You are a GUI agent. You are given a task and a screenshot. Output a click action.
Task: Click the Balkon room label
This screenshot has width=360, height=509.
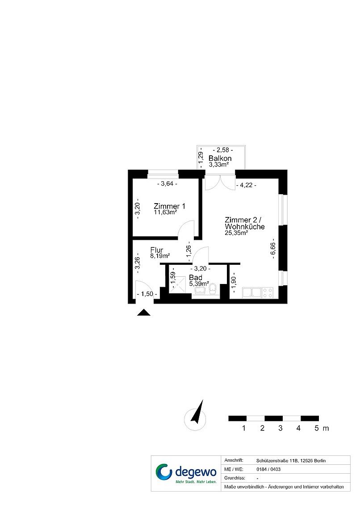[220, 159]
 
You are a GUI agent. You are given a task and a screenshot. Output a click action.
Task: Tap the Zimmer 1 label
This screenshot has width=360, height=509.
[169, 206]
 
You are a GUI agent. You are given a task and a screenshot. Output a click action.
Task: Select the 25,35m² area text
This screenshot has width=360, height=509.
[236, 233]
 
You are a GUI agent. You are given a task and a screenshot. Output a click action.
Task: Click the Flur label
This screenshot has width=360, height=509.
[156, 250]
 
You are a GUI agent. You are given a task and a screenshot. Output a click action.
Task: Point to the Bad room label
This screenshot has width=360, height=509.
[196, 278]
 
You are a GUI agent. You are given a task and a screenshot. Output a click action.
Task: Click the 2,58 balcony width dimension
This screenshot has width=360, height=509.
[223, 150]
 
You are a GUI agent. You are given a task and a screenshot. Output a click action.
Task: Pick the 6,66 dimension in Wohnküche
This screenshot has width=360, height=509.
[272, 250]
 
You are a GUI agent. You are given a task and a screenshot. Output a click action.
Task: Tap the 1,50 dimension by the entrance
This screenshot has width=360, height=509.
[147, 294]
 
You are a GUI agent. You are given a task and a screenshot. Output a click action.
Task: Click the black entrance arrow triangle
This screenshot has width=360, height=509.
[144, 313]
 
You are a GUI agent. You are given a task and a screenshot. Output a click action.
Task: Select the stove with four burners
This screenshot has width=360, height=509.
[268, 292]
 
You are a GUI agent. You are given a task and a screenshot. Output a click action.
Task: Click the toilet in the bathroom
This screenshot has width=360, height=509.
[213, 288]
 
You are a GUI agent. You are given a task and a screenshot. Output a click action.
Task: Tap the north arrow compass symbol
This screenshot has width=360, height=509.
[196, 416]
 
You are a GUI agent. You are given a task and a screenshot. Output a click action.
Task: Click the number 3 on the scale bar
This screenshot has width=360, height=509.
[280, 428]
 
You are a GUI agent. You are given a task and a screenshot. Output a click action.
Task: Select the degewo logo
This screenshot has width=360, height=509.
[186, 473]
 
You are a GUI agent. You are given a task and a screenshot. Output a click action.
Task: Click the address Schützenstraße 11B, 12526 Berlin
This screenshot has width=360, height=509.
[291, 461]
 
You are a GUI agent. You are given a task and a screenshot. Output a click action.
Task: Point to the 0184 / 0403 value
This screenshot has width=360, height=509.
[268, 469]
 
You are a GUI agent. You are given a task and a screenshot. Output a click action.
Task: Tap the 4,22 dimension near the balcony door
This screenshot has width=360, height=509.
[246, 185]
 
